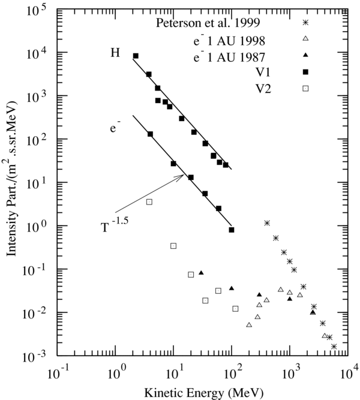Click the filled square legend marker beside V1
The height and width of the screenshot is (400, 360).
pos(305,72)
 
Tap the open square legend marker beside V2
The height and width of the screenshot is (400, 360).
pos(305,88)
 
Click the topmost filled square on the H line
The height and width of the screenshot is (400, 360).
pos(136,56)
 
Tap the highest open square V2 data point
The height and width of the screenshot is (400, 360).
pos(149,202)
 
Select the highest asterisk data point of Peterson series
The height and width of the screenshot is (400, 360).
pos(267,223)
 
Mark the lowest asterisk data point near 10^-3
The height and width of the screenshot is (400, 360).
pos(334,346)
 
